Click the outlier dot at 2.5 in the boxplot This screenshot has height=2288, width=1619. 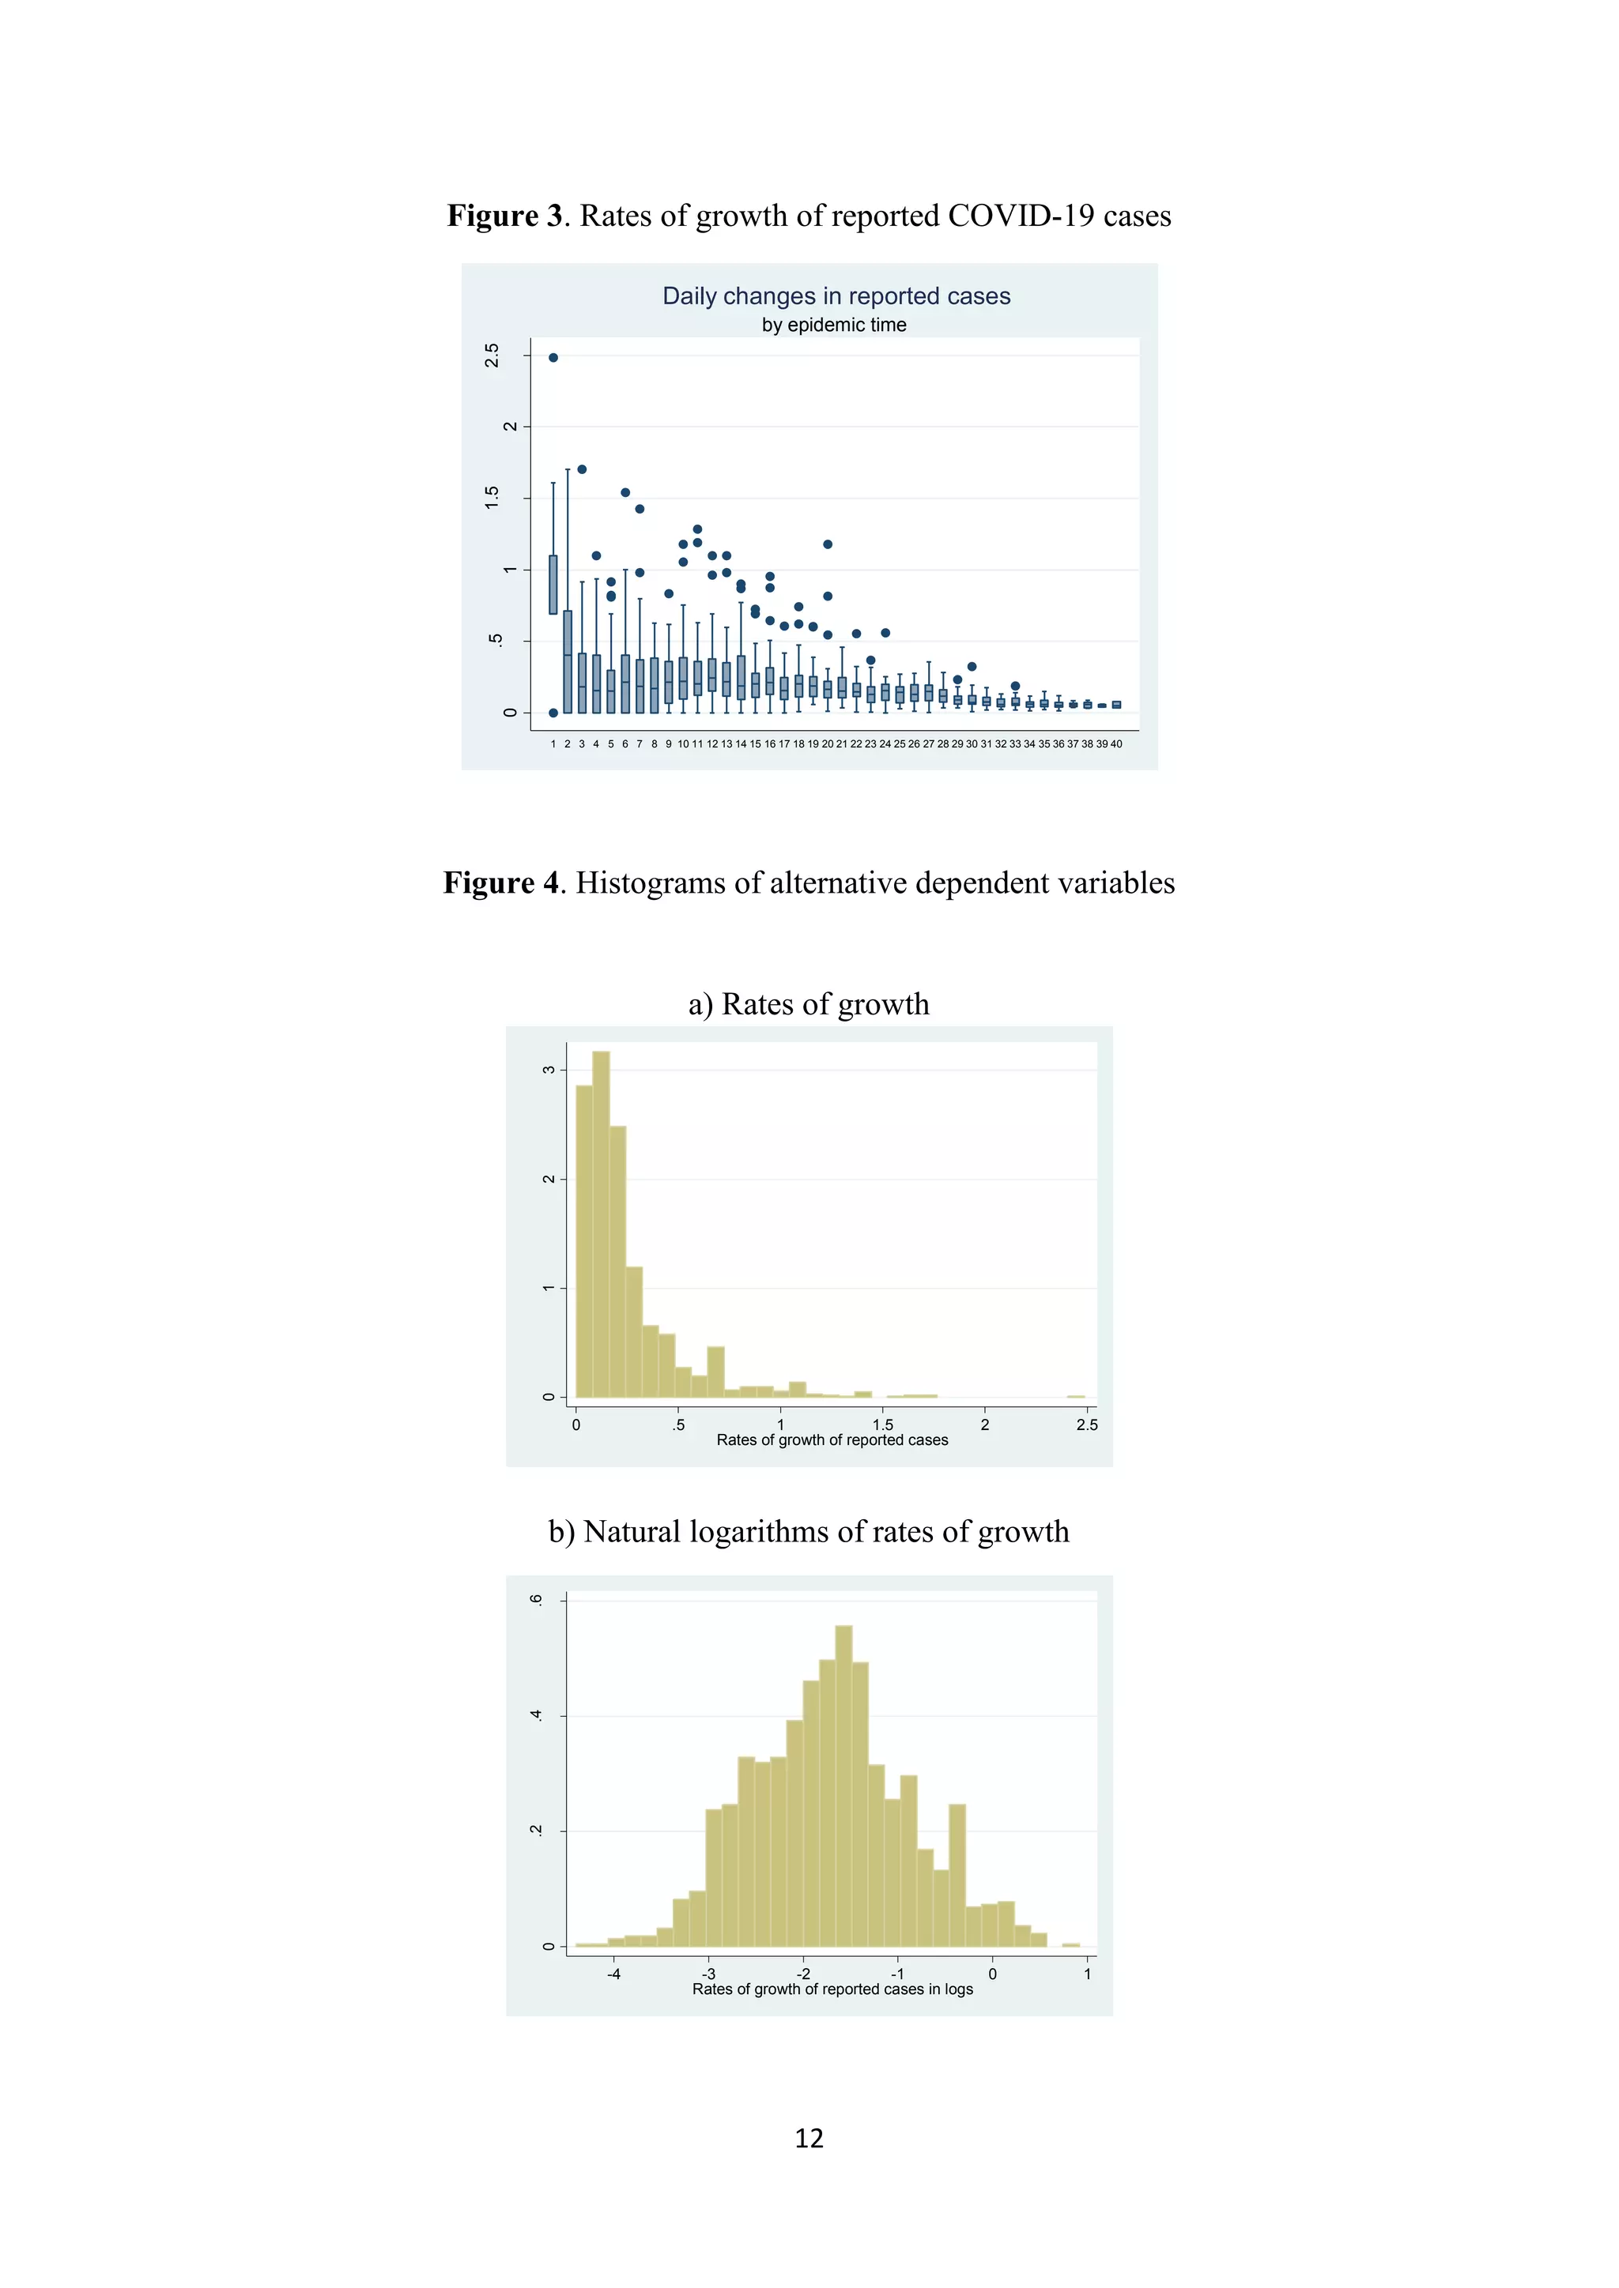click(553, 358)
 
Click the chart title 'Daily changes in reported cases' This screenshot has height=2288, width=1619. click(836, 296)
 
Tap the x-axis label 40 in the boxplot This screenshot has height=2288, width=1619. click(1116, 743)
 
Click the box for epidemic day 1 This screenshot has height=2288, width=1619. click(553, 585)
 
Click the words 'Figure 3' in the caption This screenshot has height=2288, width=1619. click(504, 216)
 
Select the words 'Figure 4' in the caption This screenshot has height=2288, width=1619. click(500, 883)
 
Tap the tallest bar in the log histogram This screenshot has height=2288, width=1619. click(843, 1786)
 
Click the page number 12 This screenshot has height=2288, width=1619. click(809, 2138)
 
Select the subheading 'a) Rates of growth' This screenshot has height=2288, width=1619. click(809, 1003)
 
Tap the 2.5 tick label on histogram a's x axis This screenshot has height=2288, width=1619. click(1087, 1425)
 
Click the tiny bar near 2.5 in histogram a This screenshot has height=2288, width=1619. click(1076, 1396)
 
